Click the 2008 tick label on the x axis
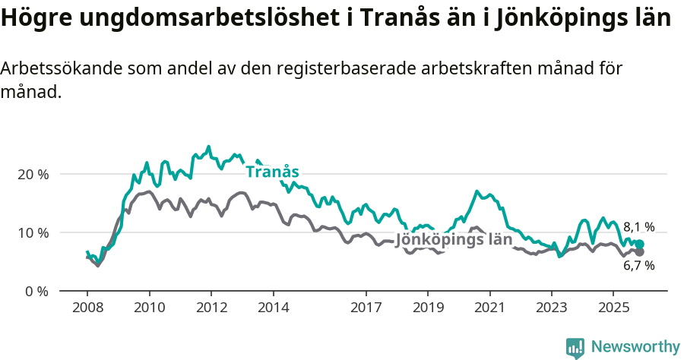[87, 308]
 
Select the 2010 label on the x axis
[149, 308]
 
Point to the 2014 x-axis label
[273, 308]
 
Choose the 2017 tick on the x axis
[366, 308]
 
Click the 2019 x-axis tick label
[427, 308]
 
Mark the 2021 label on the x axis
[489, 308]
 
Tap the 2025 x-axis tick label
[613, 308]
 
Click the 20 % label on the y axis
[33, 174]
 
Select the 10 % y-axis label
[33, 232]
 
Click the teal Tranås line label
[272, 172]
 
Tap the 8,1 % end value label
[639, 226]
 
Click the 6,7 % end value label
[639, 266]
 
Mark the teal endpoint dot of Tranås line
[639, 244]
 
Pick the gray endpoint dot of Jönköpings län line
[639, 252]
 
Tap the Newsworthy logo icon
[575, 347]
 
